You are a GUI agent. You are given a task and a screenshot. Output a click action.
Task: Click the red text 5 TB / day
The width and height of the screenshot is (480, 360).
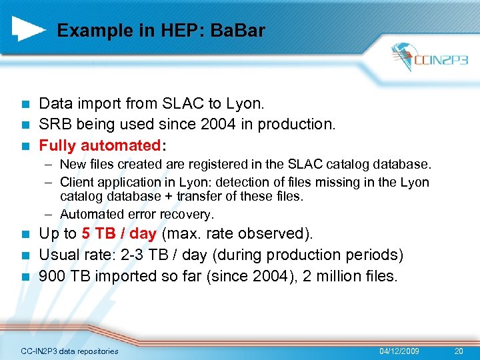click(119, 234)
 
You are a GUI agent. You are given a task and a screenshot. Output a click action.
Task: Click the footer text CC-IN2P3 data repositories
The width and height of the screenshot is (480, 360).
click(69, 351)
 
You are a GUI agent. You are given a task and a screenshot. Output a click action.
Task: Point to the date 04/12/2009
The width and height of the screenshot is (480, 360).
click(399, 351)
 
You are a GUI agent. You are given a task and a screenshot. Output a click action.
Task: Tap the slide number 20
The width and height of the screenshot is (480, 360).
click(458, 351)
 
